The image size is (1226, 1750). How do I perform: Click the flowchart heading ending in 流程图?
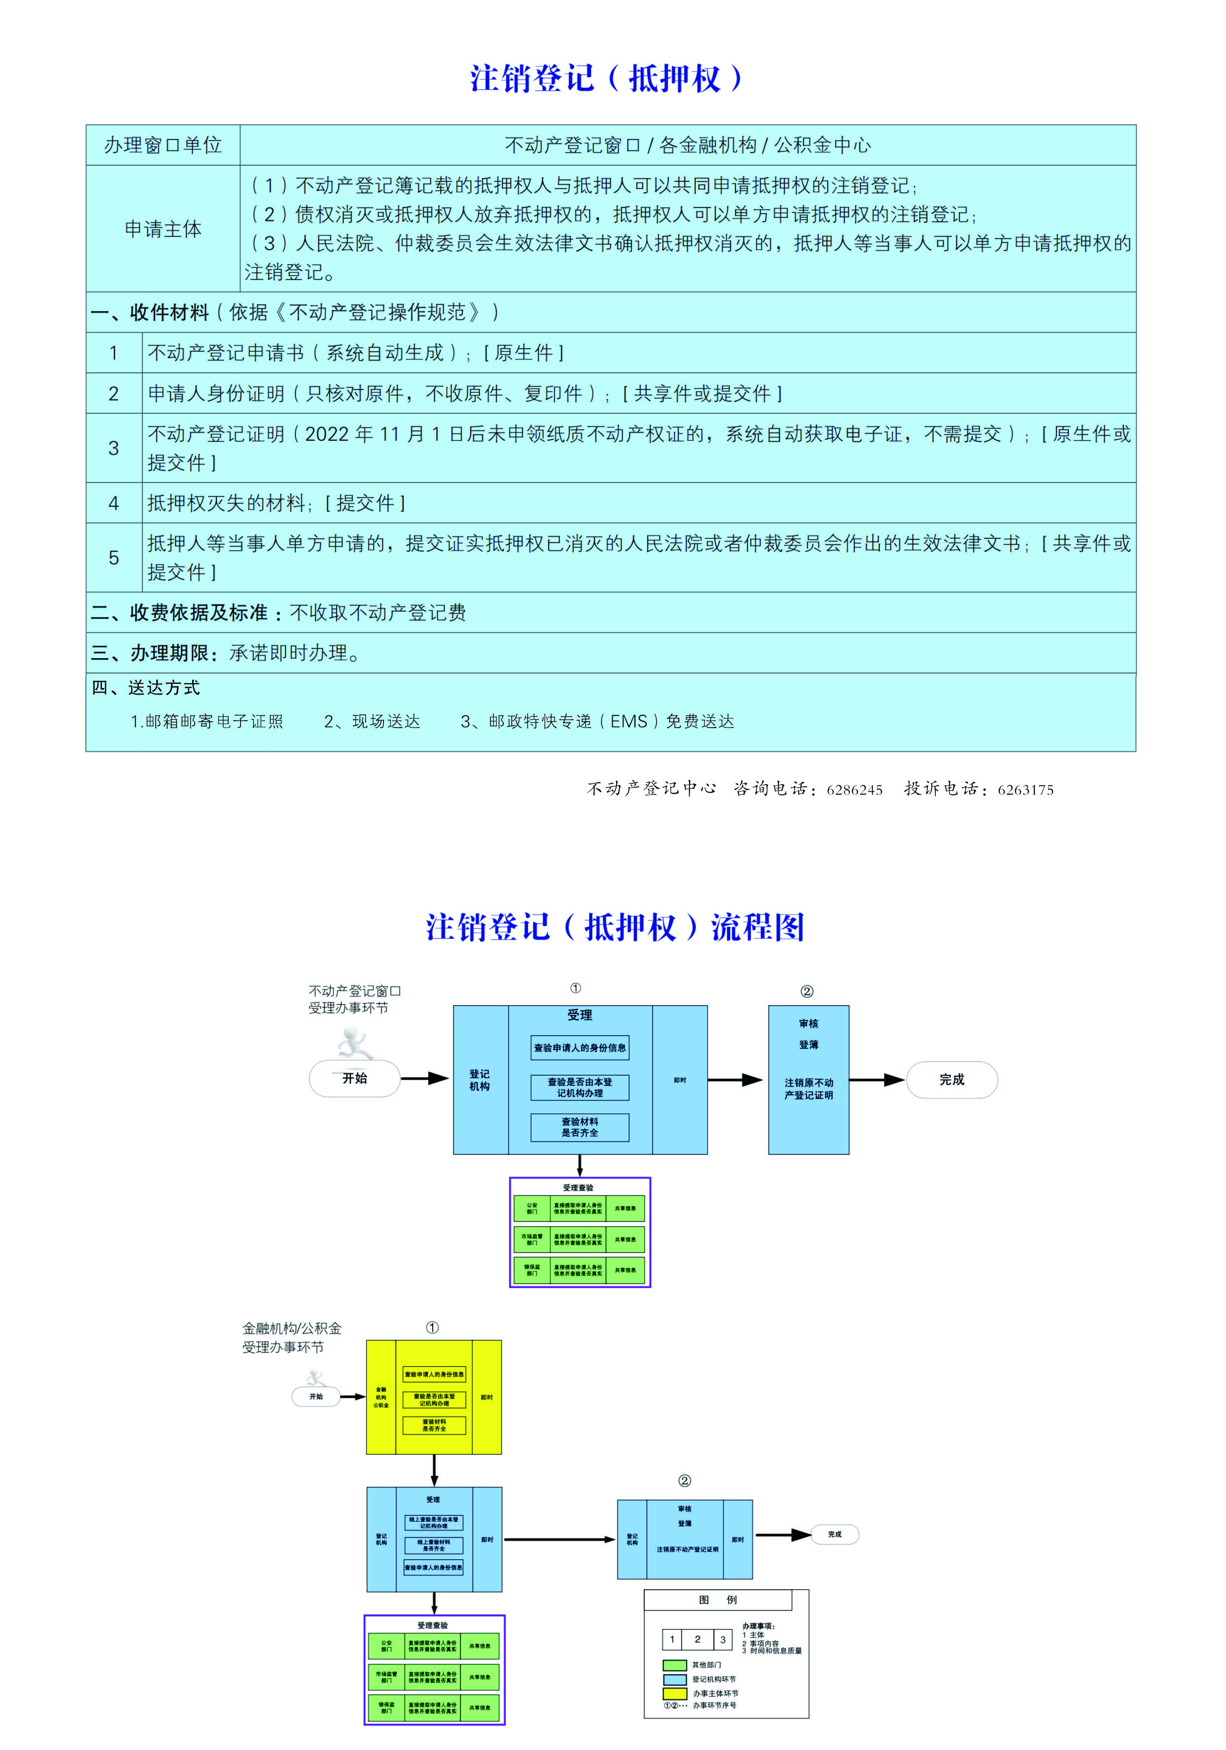pos(615,928)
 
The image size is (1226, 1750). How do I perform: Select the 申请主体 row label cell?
pos(163,229)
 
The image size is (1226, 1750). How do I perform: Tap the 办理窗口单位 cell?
pos(163,145)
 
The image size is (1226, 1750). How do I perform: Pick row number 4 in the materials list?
pos(113,503)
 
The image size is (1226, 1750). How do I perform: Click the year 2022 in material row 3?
pos(326,434)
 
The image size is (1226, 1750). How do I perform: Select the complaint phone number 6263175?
pos(1025,790)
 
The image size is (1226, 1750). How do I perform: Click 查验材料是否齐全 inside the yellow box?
pos(434,1425)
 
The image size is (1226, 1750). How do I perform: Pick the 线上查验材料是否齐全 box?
pos(434,1545)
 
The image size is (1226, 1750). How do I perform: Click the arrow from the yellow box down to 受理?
pos(434,1470)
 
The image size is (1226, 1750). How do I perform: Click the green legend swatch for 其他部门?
pos(675,1665)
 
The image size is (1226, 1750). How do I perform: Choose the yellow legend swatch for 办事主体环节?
pos(675,1693)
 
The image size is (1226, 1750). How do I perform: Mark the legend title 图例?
pos(717,1600)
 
